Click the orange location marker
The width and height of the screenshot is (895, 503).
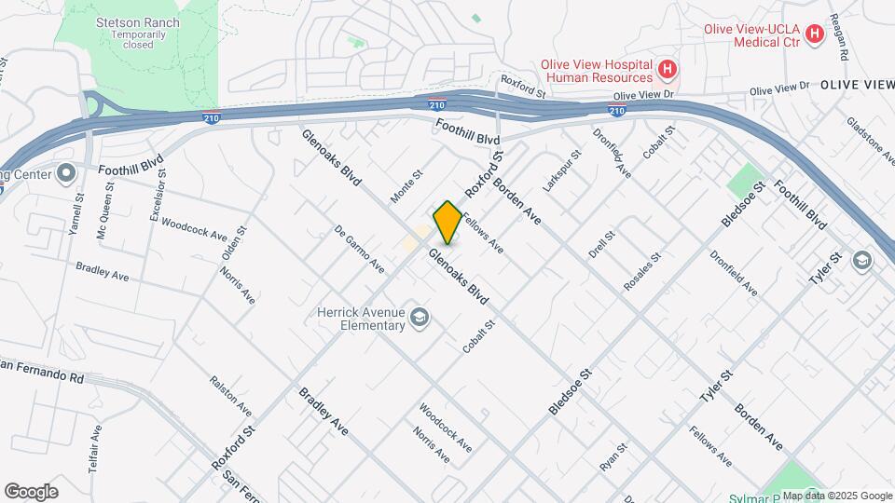[x=447, y=223]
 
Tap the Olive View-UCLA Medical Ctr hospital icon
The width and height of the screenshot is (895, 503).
[x=815, y=35]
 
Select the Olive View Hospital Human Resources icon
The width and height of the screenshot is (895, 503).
[x=667, y=68]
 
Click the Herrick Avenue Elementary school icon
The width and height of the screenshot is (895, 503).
[x=420, y=319]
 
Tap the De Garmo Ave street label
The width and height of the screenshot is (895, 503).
[x=360, y=250]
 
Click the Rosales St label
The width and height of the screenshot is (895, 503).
[x=642, y=270]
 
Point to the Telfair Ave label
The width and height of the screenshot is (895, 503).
[x=96, y=450]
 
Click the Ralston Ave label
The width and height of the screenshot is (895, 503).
[x=230, y=396]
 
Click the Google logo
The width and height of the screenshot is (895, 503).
[x=31, y=491]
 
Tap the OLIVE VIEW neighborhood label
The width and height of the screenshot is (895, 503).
[x=857, y=85]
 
